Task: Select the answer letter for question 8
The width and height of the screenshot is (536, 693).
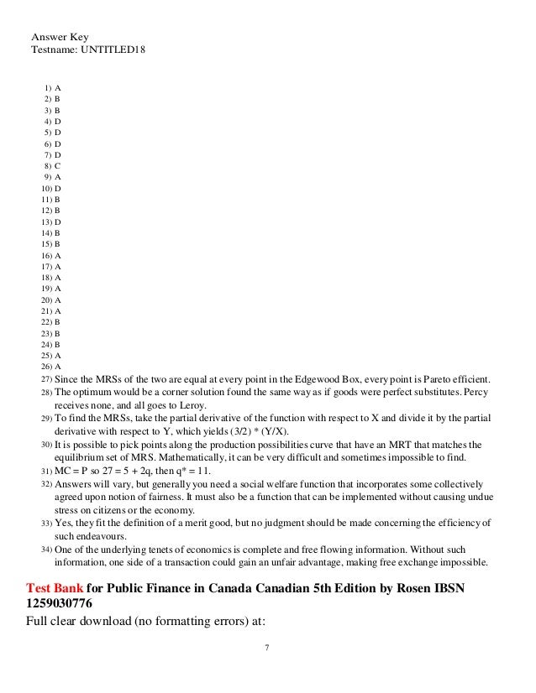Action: [58, 165]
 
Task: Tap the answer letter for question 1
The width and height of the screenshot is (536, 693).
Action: [58, 86]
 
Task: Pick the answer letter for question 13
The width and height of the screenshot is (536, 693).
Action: [58, 221]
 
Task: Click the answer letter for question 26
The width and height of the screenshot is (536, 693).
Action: [58, 367]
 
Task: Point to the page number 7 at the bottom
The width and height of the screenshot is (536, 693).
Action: [267, 649]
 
